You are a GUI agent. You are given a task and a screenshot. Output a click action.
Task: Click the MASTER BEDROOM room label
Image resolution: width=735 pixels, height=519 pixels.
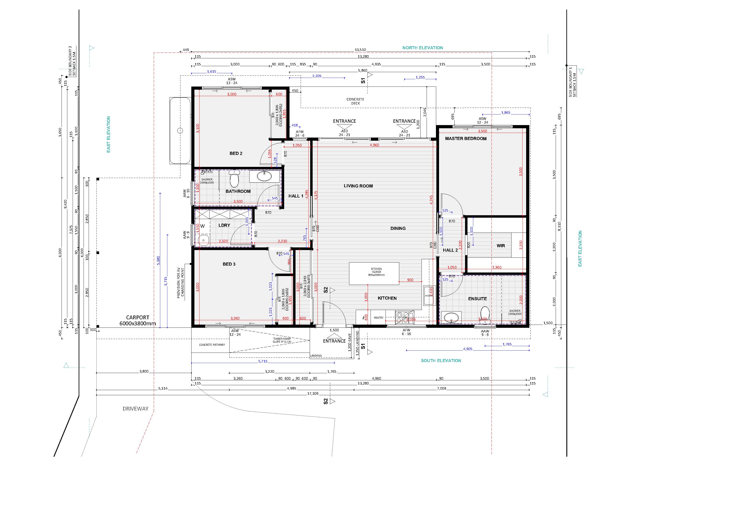465,138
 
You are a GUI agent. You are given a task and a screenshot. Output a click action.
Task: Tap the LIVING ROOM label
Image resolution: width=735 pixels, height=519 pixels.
358,186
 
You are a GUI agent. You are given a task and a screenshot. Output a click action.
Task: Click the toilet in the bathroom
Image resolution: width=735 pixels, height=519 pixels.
234,179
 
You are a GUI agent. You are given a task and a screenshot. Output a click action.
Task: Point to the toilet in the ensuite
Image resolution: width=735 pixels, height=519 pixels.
485,312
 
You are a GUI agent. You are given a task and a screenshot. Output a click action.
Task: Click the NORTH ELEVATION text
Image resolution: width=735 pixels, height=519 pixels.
423,48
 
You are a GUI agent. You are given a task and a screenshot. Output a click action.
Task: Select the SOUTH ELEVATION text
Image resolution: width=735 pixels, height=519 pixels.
441,360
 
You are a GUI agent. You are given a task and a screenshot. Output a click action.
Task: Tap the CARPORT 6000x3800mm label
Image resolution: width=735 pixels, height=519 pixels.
138,320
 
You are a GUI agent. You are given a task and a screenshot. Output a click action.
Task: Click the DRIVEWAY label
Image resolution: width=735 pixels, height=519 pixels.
135,408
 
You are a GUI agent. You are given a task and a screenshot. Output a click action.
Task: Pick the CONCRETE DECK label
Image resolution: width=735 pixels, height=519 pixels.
355,101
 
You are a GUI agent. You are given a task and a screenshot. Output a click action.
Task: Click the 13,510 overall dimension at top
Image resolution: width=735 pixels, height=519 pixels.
360,50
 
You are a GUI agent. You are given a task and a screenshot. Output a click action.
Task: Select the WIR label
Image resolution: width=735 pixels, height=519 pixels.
501,246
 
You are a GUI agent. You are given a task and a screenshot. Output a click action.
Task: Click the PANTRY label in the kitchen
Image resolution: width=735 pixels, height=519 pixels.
378,318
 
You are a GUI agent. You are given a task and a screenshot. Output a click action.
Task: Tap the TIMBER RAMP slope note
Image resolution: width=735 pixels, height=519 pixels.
282,340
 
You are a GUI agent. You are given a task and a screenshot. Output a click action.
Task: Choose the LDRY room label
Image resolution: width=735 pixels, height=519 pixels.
224,225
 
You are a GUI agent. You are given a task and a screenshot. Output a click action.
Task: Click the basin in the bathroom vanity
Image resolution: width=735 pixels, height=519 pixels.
264,175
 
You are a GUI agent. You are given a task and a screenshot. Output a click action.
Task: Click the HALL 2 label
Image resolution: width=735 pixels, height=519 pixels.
450,250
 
